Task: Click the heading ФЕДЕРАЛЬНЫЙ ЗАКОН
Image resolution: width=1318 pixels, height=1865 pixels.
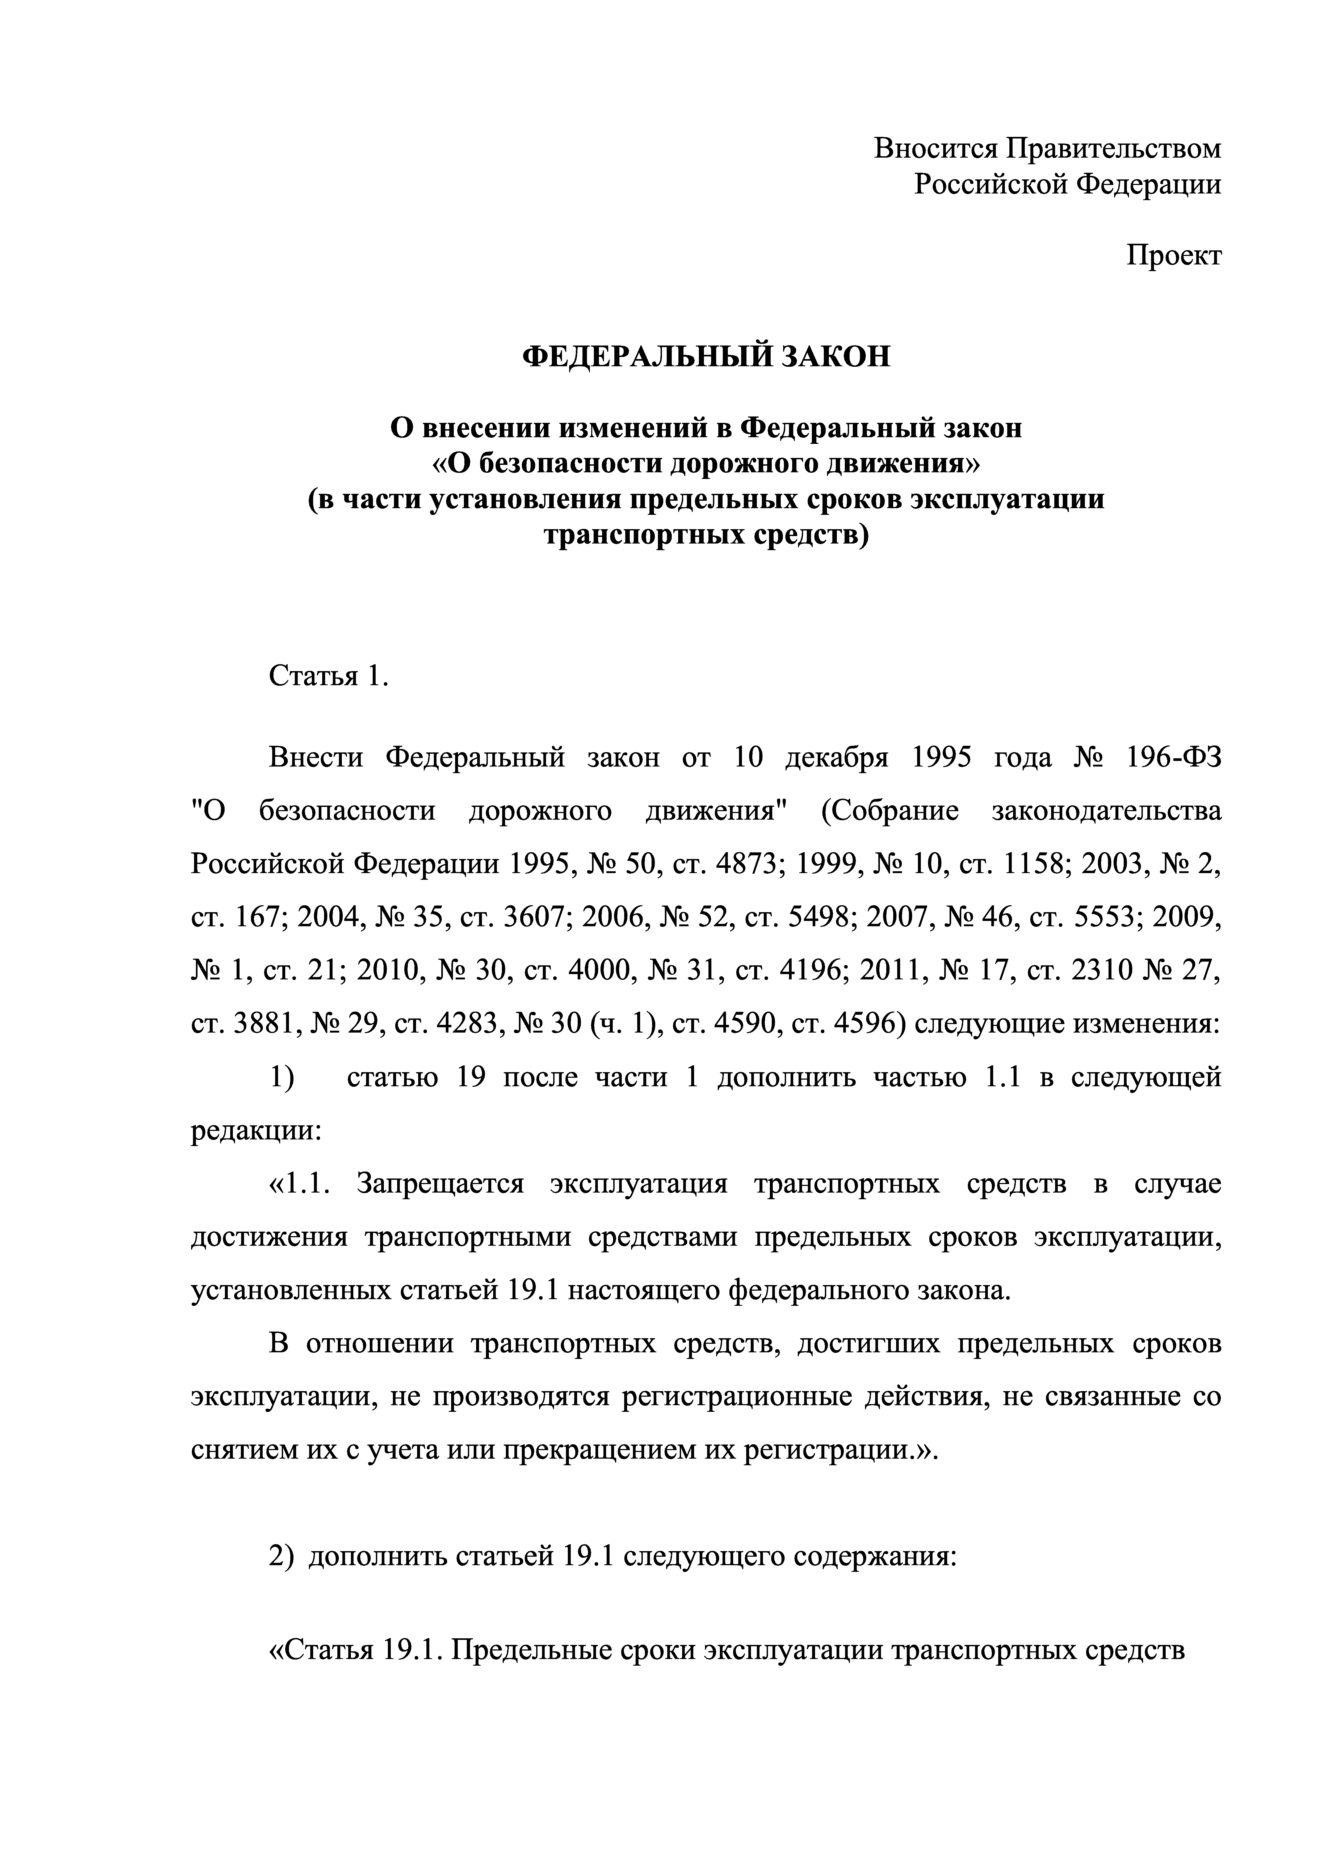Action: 705,357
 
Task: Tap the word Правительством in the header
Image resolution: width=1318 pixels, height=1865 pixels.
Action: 1113,149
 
